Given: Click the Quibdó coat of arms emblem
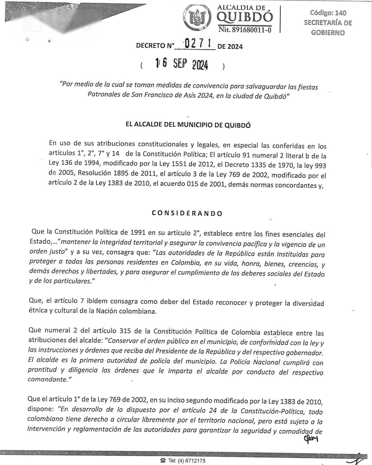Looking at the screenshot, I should [x=197, y=18].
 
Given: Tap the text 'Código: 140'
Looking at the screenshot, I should [x=328, y=13].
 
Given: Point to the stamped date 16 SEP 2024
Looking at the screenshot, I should [x=182, y=64].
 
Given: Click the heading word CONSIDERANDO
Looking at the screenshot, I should [x=187, y=213].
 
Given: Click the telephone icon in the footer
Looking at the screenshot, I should [x=163, y=461].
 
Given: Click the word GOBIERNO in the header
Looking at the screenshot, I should [x=328, y=33].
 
